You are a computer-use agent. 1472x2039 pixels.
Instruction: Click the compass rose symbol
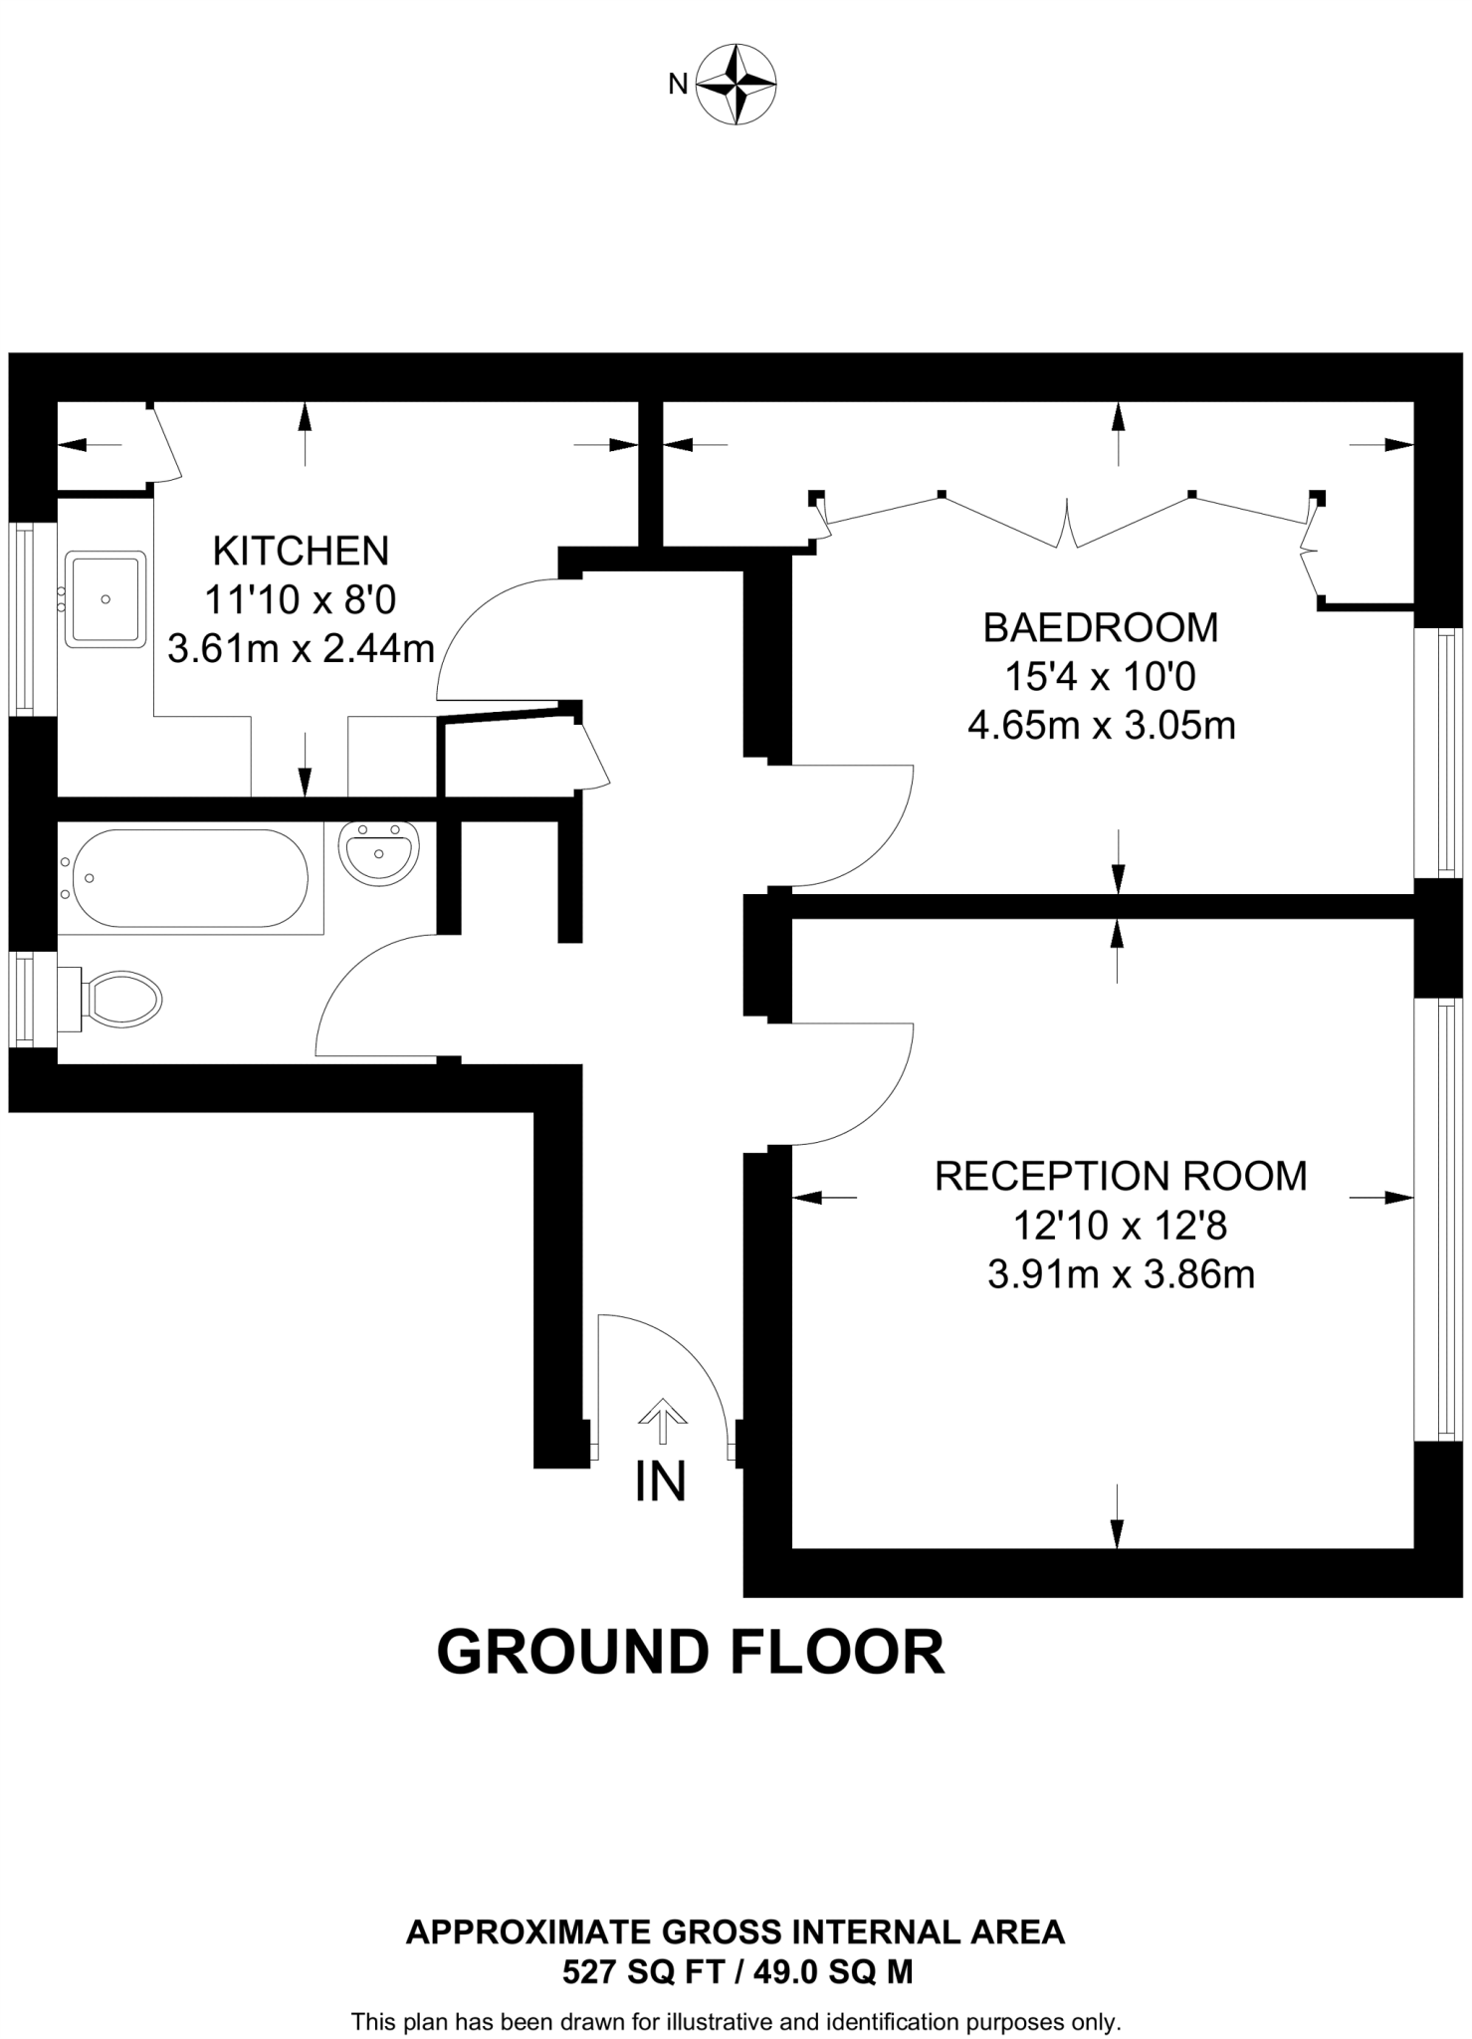(x=736, y=85)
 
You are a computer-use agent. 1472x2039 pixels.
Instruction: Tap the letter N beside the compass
(x=678, y=85)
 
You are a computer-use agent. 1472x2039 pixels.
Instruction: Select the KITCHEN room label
(x=301, y=551)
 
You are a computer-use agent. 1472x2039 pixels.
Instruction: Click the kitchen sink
(x=105, y=599)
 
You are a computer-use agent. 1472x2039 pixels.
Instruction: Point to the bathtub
(x=190, y=878)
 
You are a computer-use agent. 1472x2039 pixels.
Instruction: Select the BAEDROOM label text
(x=1101, y=628)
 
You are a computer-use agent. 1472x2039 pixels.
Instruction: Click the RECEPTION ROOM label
(x=1121, y=1177)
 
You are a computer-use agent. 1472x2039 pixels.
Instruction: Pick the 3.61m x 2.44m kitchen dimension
(x=301, y=649)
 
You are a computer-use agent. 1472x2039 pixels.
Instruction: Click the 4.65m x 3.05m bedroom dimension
(x=1101, y=726)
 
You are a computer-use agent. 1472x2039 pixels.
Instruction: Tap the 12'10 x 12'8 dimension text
(x=1121, y=1226)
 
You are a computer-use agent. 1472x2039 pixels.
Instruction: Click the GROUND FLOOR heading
(x=691, y=1652)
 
